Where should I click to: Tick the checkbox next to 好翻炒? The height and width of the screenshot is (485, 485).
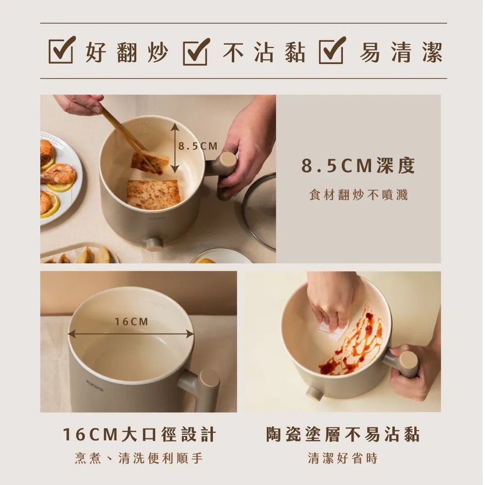tap(62, 51)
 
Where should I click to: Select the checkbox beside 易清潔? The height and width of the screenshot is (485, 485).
tap(332, 51)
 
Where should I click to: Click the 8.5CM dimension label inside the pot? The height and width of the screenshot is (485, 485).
tap(197, 146)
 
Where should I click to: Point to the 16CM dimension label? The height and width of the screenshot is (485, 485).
tap(132, 322)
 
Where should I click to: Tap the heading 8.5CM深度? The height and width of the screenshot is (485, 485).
tap(358, 166)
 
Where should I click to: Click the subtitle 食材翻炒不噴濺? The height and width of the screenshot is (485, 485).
tap(358, 195)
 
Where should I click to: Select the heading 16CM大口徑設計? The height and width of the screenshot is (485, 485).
tap(139, 435)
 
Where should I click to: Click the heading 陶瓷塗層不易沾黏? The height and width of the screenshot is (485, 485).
tap(342, 435)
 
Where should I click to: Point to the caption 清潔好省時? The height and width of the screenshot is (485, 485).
tap(342, 458)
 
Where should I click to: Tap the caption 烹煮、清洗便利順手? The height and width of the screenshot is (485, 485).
tap(139, 458)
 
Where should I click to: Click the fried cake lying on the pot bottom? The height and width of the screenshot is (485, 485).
tap(153, 194)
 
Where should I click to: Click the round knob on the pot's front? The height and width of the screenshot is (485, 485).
tap(155, 243)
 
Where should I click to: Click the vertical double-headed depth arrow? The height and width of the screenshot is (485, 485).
tap(175, 148)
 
